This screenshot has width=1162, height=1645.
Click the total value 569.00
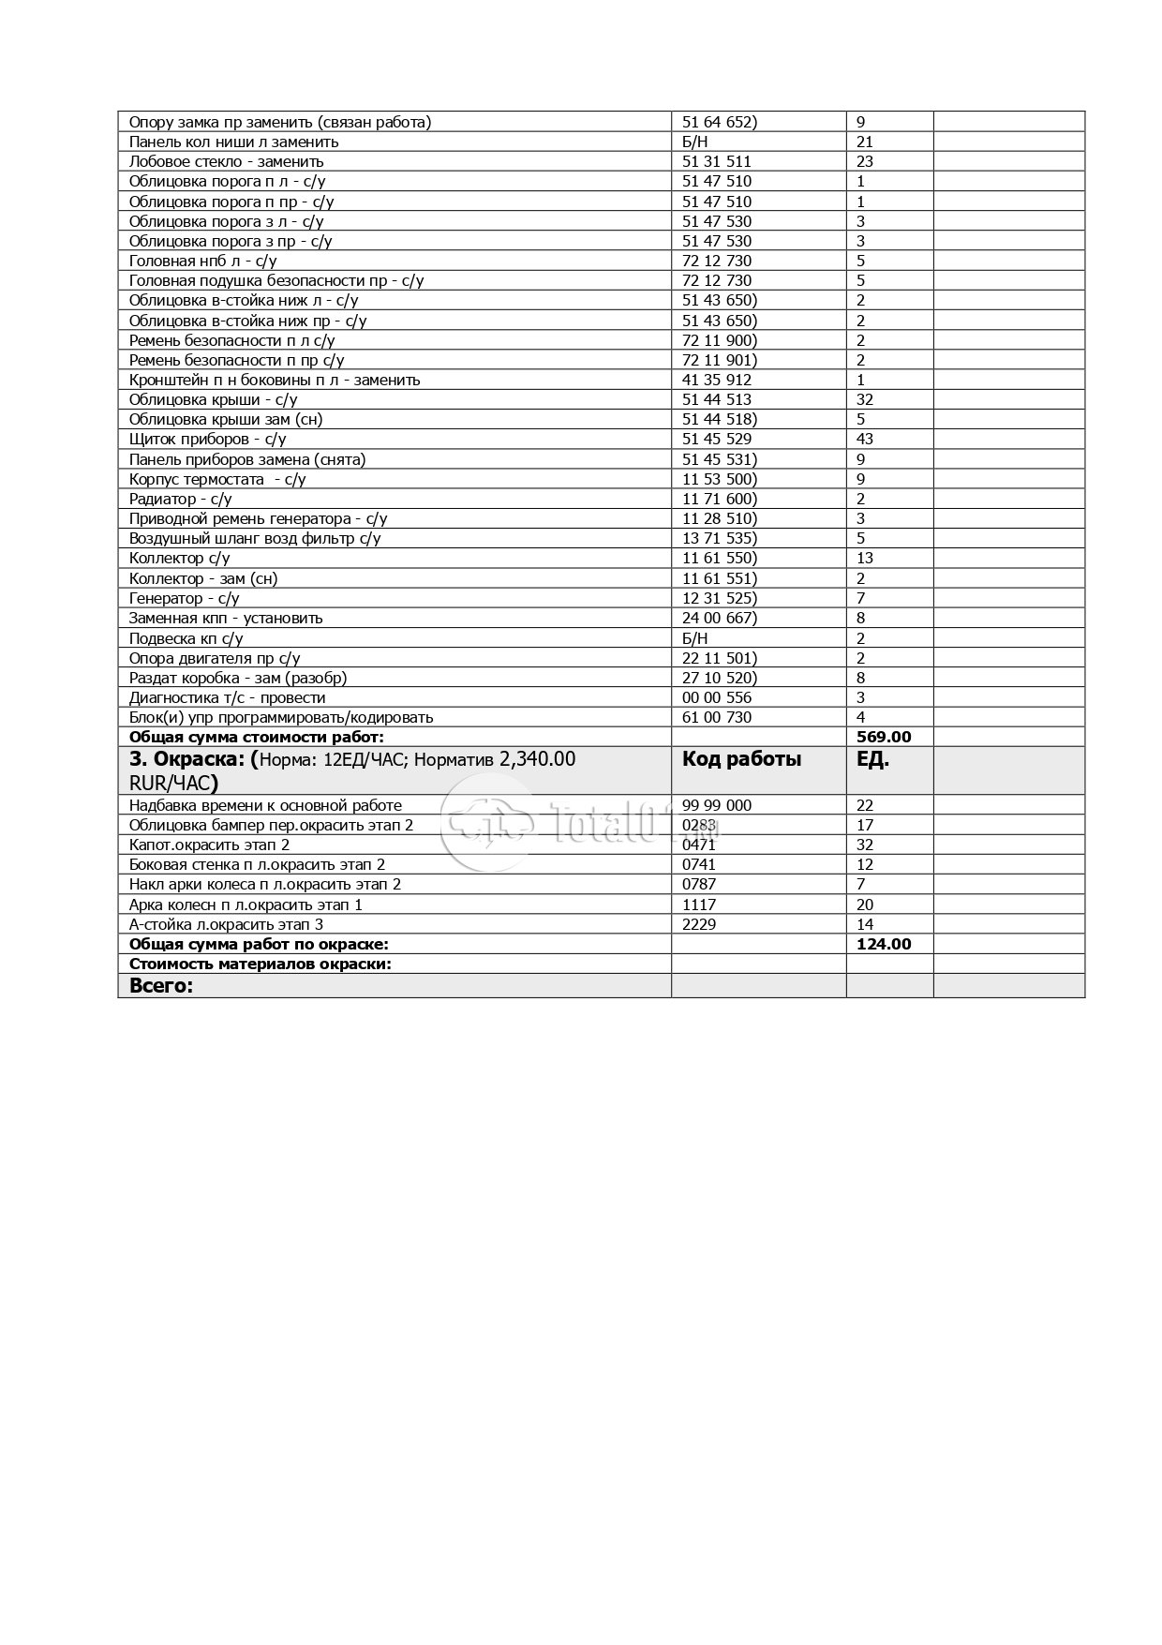[x=884, y=738]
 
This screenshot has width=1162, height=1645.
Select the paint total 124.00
[x=884, y=945]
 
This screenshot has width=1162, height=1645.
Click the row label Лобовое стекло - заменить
[x=226, y=162]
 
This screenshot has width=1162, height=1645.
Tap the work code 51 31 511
[x=717, y=162]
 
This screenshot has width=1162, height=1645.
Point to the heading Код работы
[x=741, y=760]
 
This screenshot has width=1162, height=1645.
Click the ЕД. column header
[x=872, y=760]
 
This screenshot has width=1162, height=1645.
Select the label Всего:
[x=161, y=986]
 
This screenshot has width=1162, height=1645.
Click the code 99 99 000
[x=717, y=806]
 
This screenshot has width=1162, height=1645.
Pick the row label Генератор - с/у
[x=184, y=599]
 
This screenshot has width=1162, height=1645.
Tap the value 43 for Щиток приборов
[x=865, y=440]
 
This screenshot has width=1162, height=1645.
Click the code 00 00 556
[x=717, y=698]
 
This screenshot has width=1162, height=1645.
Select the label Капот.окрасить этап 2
[x=209, y=845]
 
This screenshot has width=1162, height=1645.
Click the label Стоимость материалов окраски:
[x=261, y=965]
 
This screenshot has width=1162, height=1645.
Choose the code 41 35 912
[x=717, y=381]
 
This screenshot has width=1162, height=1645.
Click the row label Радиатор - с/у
[x=180, y=500]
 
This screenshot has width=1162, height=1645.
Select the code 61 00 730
[x=717, y=718]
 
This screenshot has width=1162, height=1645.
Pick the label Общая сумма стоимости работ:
[x=257, y=738]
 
